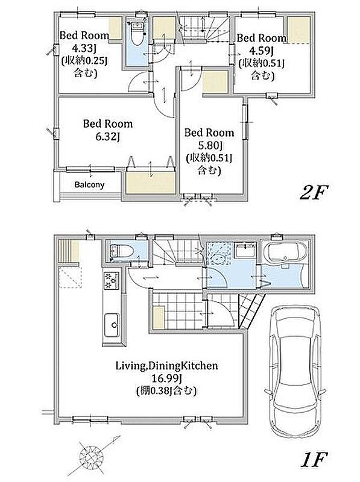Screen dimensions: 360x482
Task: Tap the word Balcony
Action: (89, 185)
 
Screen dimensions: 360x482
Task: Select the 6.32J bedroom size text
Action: (107, 136)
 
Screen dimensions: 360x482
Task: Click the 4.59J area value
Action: (262, 51)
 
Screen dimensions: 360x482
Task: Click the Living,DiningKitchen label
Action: (167, 366)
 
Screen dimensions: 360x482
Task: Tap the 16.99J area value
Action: (166, 378)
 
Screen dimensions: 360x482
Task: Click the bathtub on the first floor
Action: (286, 251)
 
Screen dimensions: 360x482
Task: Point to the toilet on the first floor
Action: (121, 251)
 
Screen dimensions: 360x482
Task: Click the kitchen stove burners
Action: (111, 281)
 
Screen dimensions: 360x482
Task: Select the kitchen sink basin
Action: (112, 325)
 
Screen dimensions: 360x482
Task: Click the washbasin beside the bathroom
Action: (245, 251)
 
